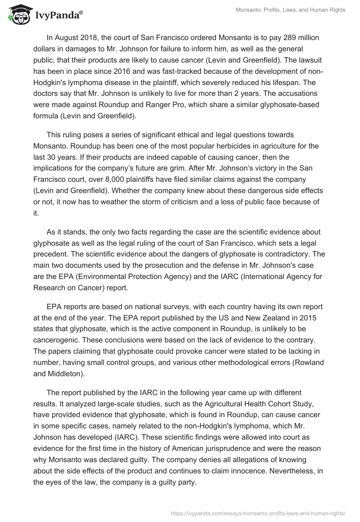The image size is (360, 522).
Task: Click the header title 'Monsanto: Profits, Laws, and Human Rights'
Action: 291,10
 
